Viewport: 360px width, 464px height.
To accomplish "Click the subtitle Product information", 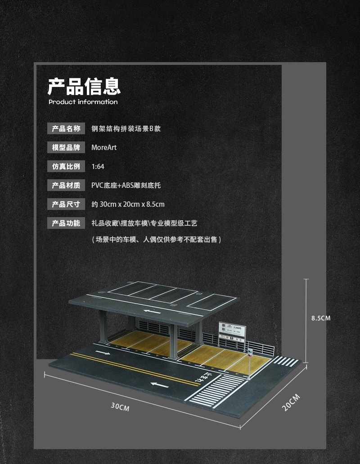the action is click(x=83, y=102).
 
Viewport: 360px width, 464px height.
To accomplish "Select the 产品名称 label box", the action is click(x=66, y=128).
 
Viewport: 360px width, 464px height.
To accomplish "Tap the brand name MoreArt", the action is click(x=104, y=147).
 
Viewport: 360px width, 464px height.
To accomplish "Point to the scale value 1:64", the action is click(x=98, y=166).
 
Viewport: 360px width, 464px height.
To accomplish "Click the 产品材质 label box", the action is click(x=66, y=185).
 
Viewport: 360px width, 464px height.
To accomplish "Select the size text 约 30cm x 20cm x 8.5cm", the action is click(x=128, y=204).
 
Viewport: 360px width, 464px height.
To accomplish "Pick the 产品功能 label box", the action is click(x=66, y=223).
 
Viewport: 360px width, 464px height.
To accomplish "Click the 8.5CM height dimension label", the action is click(x=321, y=318).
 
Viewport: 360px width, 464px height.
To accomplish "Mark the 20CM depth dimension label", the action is click(x=291, y=401).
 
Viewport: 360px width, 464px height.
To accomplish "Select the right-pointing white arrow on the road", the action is click(x=103, y=352).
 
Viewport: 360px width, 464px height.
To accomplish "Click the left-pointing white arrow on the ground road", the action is click(x=160, y=385).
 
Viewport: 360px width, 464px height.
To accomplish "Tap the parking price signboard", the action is click(x=232, y=333).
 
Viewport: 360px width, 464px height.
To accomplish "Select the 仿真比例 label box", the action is click(x=66, y=166).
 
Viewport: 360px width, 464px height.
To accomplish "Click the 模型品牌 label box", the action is click(x=66, y=147).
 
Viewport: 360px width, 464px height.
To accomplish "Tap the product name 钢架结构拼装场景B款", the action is click(x=126, y=128).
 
